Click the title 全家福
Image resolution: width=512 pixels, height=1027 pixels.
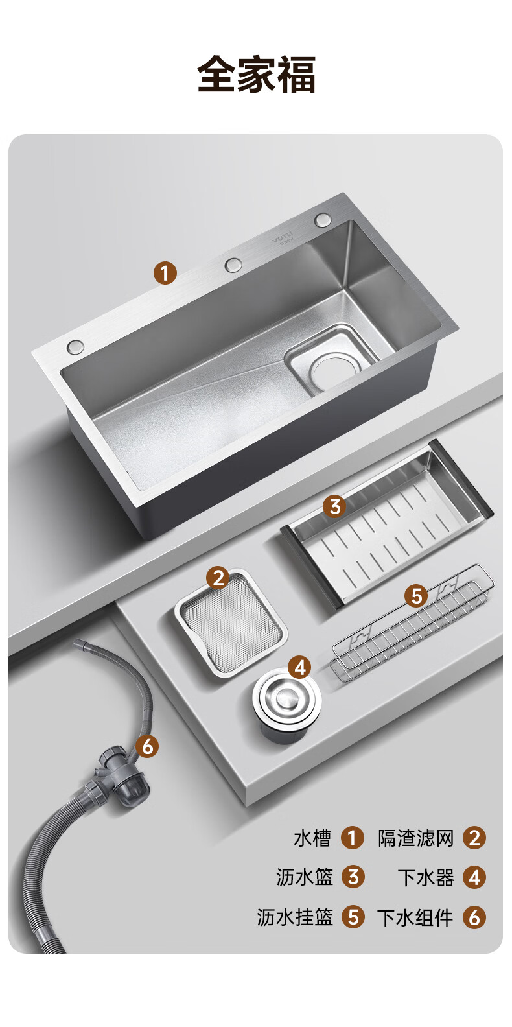[256, 75]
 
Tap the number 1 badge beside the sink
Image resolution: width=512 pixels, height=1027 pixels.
[165, 273]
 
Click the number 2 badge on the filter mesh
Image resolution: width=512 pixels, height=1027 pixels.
[218, 577]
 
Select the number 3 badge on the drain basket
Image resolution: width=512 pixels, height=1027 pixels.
[334, 506]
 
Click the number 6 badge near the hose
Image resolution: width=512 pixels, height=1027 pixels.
[147, 746]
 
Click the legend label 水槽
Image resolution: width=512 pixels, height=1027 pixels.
[312, 838]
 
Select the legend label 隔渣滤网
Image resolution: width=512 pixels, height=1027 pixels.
[415, 838]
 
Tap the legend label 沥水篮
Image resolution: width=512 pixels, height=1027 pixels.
[305, 877]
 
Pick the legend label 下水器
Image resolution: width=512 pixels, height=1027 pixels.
[426, 877]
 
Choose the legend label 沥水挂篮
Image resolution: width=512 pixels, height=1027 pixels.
[295, 917]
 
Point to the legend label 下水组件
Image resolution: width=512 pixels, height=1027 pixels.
[415, 917]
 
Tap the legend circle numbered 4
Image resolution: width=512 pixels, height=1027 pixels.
[474, 877]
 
